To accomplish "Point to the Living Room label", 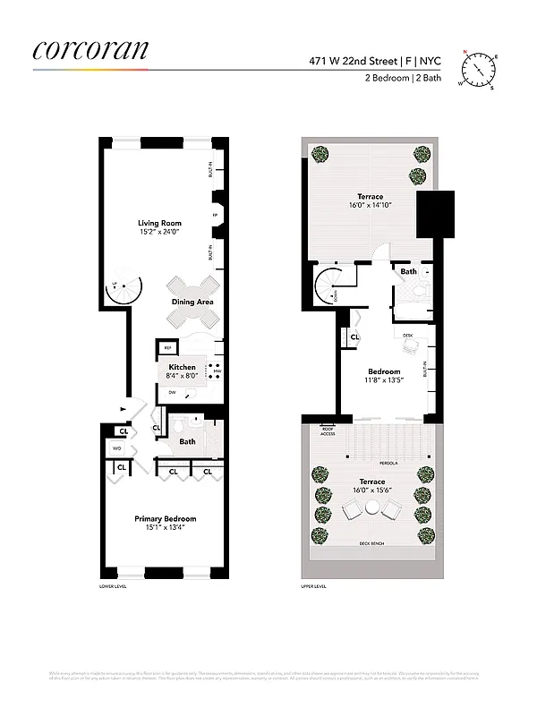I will [159, 223].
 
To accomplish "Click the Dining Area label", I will [192, 303].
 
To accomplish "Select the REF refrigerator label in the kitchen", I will [167, 348].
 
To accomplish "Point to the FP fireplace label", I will [215, 216].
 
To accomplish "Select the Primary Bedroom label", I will [165, 518].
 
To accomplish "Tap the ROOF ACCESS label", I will [328, 432].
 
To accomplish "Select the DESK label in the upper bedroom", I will [408, 336].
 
